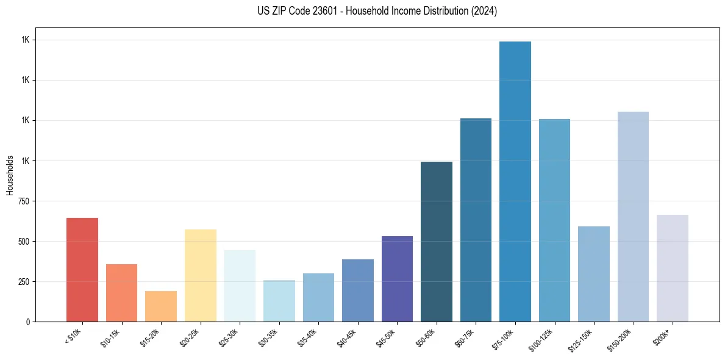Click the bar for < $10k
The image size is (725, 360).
tap(82, 269)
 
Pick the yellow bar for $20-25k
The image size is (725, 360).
tap(201, 275)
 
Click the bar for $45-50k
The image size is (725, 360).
tap(397, 278)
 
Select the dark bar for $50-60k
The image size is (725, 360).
tap(437, 241)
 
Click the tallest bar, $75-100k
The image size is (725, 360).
tap(515, 181)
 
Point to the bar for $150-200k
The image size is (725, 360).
tap(633, 216)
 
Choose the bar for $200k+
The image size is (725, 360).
tap(673, 268)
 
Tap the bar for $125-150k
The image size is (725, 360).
tap(594, 273)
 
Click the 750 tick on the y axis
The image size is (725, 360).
tap(24, 201)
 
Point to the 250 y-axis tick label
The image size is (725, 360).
tap(24, 282)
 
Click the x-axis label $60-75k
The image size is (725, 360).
tap(464, 336)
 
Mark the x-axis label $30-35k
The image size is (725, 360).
tap(267, 336)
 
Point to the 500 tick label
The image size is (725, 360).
tap(24, 242)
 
